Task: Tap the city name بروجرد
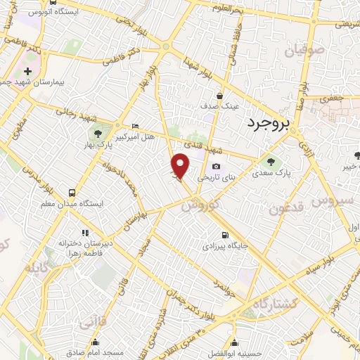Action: coord(268,124)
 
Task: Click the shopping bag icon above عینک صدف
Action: coord(220,96)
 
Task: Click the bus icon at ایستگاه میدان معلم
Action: coord(71,192)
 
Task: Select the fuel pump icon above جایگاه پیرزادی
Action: coord(224,236)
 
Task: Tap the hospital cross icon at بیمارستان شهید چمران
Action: coord(27,72)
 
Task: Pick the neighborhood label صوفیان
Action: coord(302,51)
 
